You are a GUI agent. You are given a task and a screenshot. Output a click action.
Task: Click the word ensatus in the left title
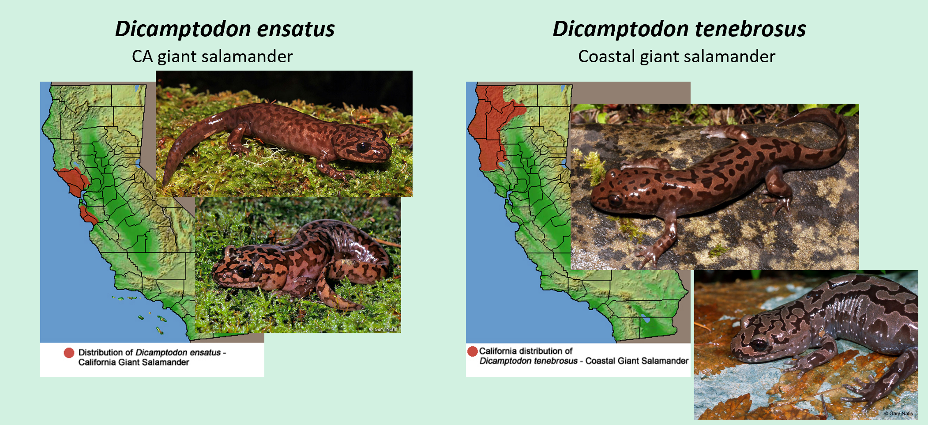(x=296, y=29)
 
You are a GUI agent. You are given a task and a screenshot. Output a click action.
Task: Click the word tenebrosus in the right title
(x=750, y=29)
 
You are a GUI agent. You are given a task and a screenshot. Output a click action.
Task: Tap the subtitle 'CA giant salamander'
(x=212, y=56)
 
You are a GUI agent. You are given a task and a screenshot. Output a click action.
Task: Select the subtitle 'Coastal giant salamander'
(x=676, y=56)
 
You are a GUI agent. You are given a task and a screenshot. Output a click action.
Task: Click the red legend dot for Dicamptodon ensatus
(x=69, y=353)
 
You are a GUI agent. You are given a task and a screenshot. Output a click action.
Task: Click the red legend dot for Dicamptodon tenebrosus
(x=473, y=351)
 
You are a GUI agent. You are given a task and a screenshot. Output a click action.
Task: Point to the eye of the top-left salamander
(x=363, y=147)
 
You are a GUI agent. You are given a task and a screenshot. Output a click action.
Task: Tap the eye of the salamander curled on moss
(x=244, y=270)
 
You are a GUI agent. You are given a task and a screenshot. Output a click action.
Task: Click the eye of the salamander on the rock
(x=615, y=200)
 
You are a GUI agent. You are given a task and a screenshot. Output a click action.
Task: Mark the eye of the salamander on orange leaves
(x=759, y=344)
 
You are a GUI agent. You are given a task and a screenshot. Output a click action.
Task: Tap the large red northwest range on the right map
(x=485, y=128)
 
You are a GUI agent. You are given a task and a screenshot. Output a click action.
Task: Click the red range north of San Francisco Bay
(x=73, y=179)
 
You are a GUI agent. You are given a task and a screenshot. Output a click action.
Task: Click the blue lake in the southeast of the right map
(x=646, y=320)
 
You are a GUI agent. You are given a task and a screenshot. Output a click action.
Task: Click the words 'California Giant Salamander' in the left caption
(x=134, y=362)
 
